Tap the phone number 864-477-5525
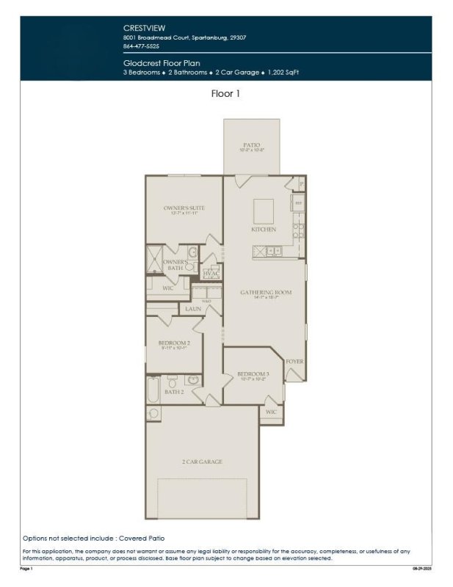[140, 45]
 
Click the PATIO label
[251, 145]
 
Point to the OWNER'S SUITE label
[184, 208]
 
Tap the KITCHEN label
[264, 230]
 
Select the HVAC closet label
[211, 274]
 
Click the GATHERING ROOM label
[266, 292]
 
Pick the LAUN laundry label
[193, 310]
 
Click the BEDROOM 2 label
[174, 343]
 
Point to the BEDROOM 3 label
[253, 374]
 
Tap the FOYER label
[294, 362]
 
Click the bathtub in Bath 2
[153, 389]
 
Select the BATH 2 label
[174, 393]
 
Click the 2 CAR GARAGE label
[202, 462]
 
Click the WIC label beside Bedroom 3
[270, 412]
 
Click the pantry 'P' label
[301, 182]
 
